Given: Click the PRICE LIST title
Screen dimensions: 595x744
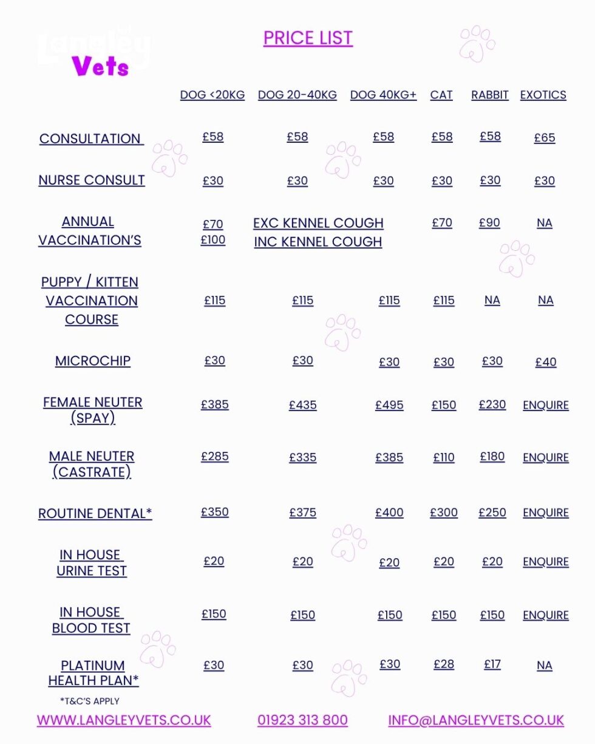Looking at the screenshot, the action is click(308, 38).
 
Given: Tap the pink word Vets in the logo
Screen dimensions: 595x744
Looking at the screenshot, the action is click(101, 66).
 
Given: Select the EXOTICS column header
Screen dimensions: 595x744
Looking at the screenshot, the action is click(543, 95).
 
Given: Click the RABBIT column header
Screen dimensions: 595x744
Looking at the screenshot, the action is click(489, 95).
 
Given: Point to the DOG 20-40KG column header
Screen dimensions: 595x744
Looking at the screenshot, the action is click(297, 95).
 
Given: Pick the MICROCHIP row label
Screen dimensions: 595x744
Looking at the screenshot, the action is click(93, 361).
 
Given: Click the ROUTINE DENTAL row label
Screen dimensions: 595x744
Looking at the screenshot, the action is click(95, 513).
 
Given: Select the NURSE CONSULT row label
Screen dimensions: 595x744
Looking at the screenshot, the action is click(92, 180).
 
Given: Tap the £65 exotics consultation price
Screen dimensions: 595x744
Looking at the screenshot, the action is click(545, 138).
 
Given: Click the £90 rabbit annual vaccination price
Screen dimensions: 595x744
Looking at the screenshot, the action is click(489, 223).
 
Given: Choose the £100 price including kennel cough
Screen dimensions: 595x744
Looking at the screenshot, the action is click(213, 239).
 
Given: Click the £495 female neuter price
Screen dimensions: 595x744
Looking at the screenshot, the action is click(389, 405).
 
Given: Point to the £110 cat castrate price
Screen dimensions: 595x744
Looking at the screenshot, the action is click(444, 457).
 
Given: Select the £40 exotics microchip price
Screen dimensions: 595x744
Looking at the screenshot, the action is click(546, 362).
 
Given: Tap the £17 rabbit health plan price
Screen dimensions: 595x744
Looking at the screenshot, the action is click(492, 664).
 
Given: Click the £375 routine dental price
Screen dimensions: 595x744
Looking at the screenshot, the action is click(302, 513).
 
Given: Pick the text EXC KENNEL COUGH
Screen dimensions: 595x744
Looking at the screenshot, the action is click(318, 223).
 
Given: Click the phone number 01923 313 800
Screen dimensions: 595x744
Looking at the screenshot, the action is click(302, 720).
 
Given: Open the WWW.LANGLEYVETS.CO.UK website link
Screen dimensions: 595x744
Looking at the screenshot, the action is click(124, 720).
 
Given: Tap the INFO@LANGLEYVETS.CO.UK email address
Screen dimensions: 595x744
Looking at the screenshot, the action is click(476, 720).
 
